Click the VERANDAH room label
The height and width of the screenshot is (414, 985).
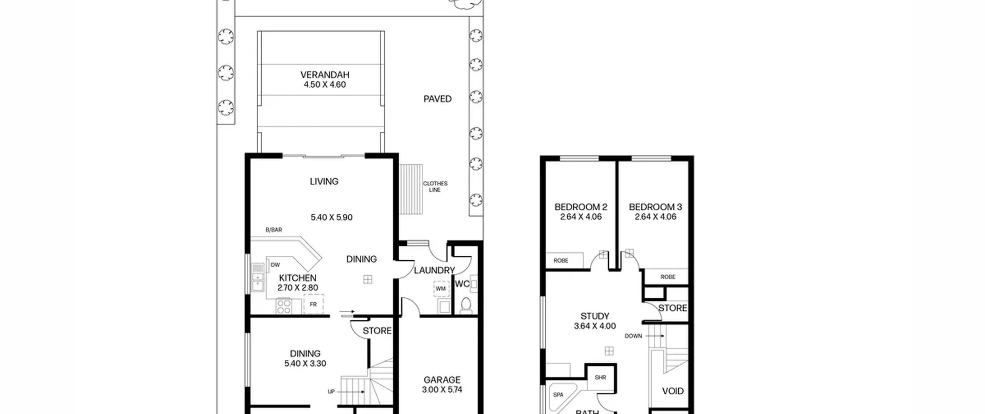(x=325, y=75)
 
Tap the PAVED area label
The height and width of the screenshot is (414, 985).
(x=437, y=99)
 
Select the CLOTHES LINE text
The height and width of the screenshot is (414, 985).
(x=435, y=187)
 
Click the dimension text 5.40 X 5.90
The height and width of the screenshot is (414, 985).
(x=332, y=218)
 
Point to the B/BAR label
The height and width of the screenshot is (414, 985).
(x=274, y=230)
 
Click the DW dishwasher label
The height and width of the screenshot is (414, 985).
(x=275, y=265)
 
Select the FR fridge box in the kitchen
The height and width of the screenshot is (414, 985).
(x=313, y=304)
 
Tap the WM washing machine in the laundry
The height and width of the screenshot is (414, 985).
(x=441, y=289)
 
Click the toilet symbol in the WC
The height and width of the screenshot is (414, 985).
(x=466, y=306)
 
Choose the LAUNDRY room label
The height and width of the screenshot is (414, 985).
(x=434, y=270)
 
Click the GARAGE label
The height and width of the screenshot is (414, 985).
(x=442, y=380)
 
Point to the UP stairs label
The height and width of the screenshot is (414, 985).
(x=331, y=392)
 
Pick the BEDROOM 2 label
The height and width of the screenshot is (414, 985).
(x=581, y=207)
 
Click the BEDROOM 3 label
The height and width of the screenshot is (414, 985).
(x=656, y=207)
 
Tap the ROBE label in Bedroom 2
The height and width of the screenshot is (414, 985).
(x=561, y=261)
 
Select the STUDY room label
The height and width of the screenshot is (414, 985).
(x=595, y=316)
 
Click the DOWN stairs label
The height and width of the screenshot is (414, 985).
(x=633, y=336)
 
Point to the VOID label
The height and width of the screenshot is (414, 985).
(x=673, y=391)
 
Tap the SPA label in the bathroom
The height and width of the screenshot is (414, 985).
(x=558, y=395)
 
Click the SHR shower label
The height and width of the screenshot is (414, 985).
(x=600, y=377)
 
